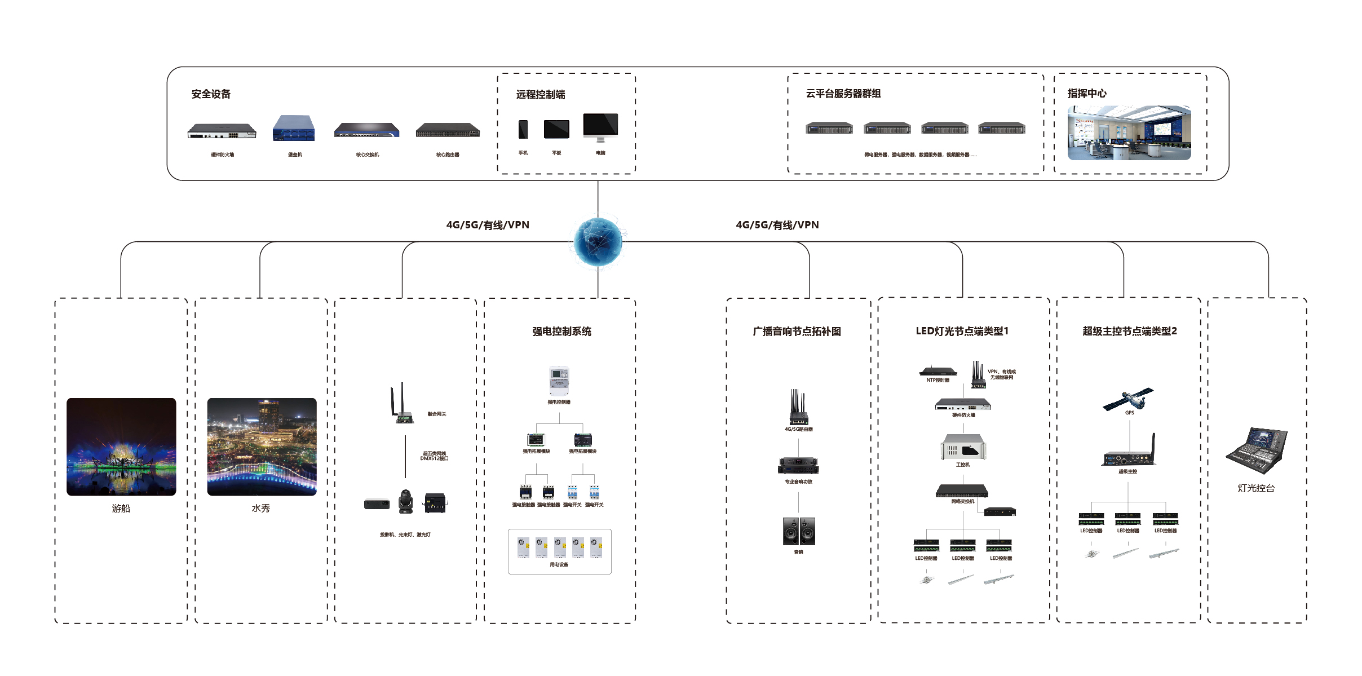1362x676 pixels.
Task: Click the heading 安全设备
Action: tap(211, 94)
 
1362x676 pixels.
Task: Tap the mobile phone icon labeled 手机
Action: tap(523, 129)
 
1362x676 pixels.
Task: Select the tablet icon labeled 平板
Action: tap(556, 129)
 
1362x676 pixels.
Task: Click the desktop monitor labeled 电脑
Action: tap(600, 127)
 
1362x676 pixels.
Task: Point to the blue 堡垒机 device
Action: tap(294, 128)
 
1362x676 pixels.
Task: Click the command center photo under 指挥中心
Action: tap(1129, 132)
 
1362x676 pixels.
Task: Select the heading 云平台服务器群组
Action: tap(843, 94)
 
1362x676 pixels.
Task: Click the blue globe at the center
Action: tap(598, 242)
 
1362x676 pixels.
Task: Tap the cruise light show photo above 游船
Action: tap(121, 447)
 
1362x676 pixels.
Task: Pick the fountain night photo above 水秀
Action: tap(262, 447)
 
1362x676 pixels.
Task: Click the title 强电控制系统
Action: tap(561, 332)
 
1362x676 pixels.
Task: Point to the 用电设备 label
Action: tap(559, 564)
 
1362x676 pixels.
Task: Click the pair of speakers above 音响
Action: tap(799, 531)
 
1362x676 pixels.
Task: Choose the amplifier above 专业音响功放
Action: tap(798, 465)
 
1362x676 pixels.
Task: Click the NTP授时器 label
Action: tap(938, 381)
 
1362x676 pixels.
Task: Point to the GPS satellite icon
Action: tap(1129, 399)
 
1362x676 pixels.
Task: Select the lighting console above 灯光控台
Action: tap(1257, 450)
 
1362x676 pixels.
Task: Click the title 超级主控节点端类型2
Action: tap(1129, 332)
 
